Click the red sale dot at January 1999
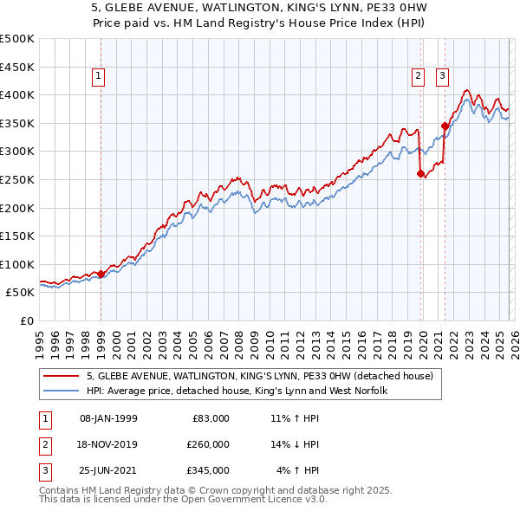click(x=101, y=274)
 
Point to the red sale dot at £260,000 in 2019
click(x=421, y=173)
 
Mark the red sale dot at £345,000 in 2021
click(x=445, y=126)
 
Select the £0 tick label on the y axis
click(x=26, y=320)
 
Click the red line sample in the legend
click(x=62, y=376)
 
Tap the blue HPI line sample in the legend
click(x=62, y=391)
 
